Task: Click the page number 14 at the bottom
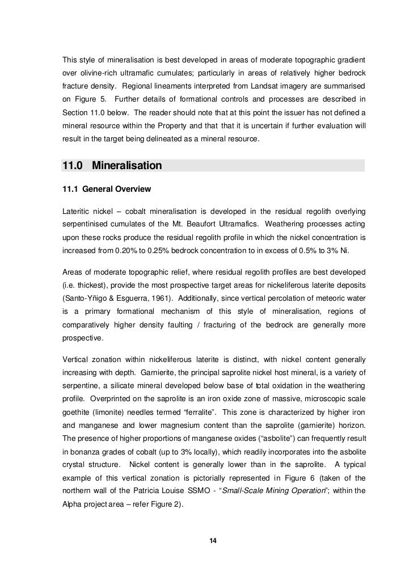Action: pos(213,539)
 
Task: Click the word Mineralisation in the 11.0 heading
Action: pos(127,166)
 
